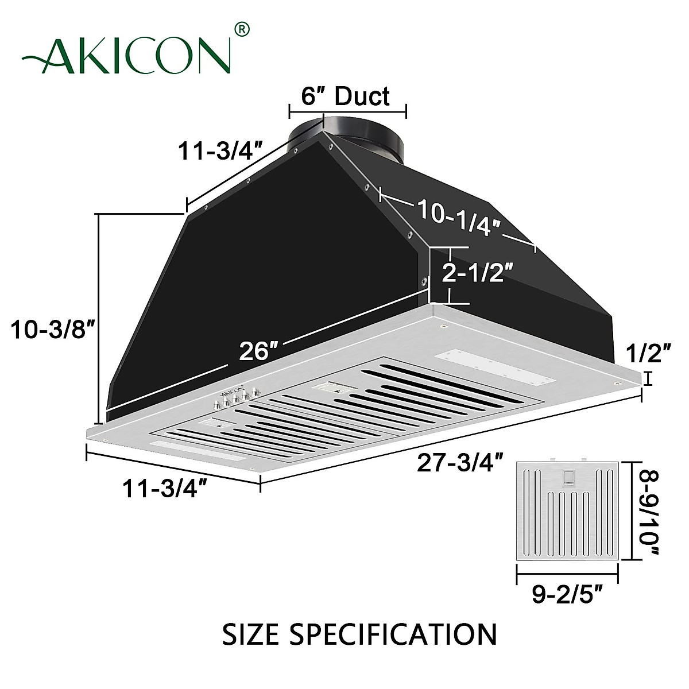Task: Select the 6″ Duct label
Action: [346, 96]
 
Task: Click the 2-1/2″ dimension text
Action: [476, 273]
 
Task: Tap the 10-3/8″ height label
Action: [52, 331]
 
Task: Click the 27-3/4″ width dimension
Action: [460, 463]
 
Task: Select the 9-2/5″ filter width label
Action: [567, 594]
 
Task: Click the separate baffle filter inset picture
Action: [567, 510]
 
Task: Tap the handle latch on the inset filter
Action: [568, 478]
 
